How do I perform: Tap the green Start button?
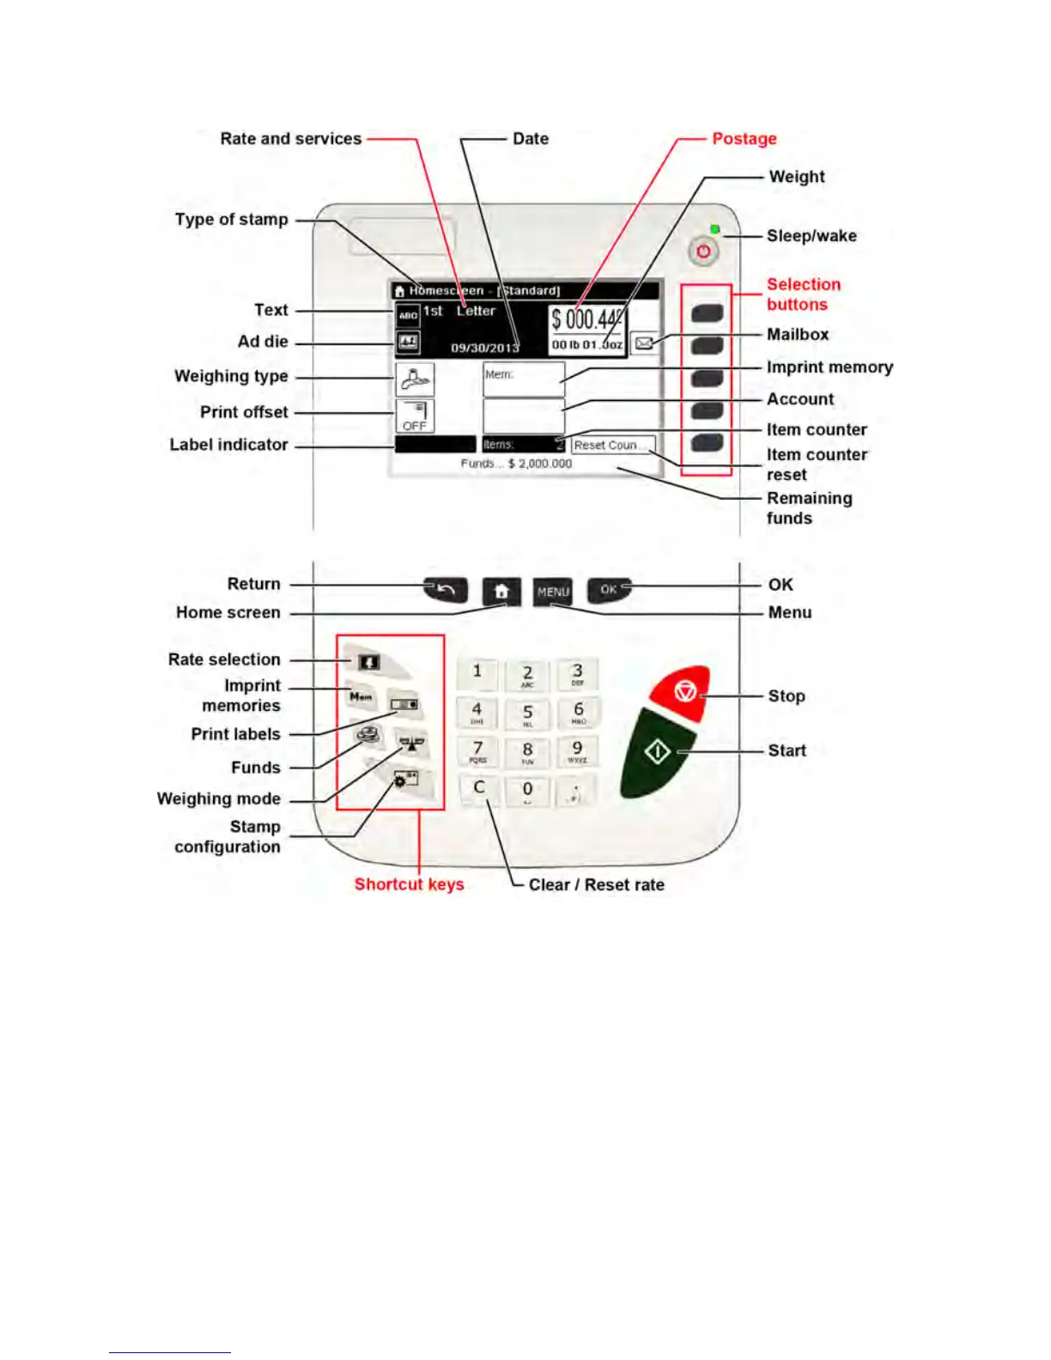click(657, 752)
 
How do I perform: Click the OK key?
click(609, 589)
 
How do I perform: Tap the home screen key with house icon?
click(501, 592)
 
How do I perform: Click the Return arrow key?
click(446, 590)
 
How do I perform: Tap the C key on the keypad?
click(478, 788)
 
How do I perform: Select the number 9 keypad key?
click(577, 750)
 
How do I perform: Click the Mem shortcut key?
click(361, 696)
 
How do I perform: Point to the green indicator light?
click(714, 229)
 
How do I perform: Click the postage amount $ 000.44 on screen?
click(586, 319)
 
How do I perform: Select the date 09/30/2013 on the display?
click(485, 348)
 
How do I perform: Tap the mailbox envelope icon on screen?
click(644, 343)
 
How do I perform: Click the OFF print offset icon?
click(415, 416)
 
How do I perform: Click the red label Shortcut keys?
click(409, 884)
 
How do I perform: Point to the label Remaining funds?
click(809, 508)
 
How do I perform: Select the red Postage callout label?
click(744, 139)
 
